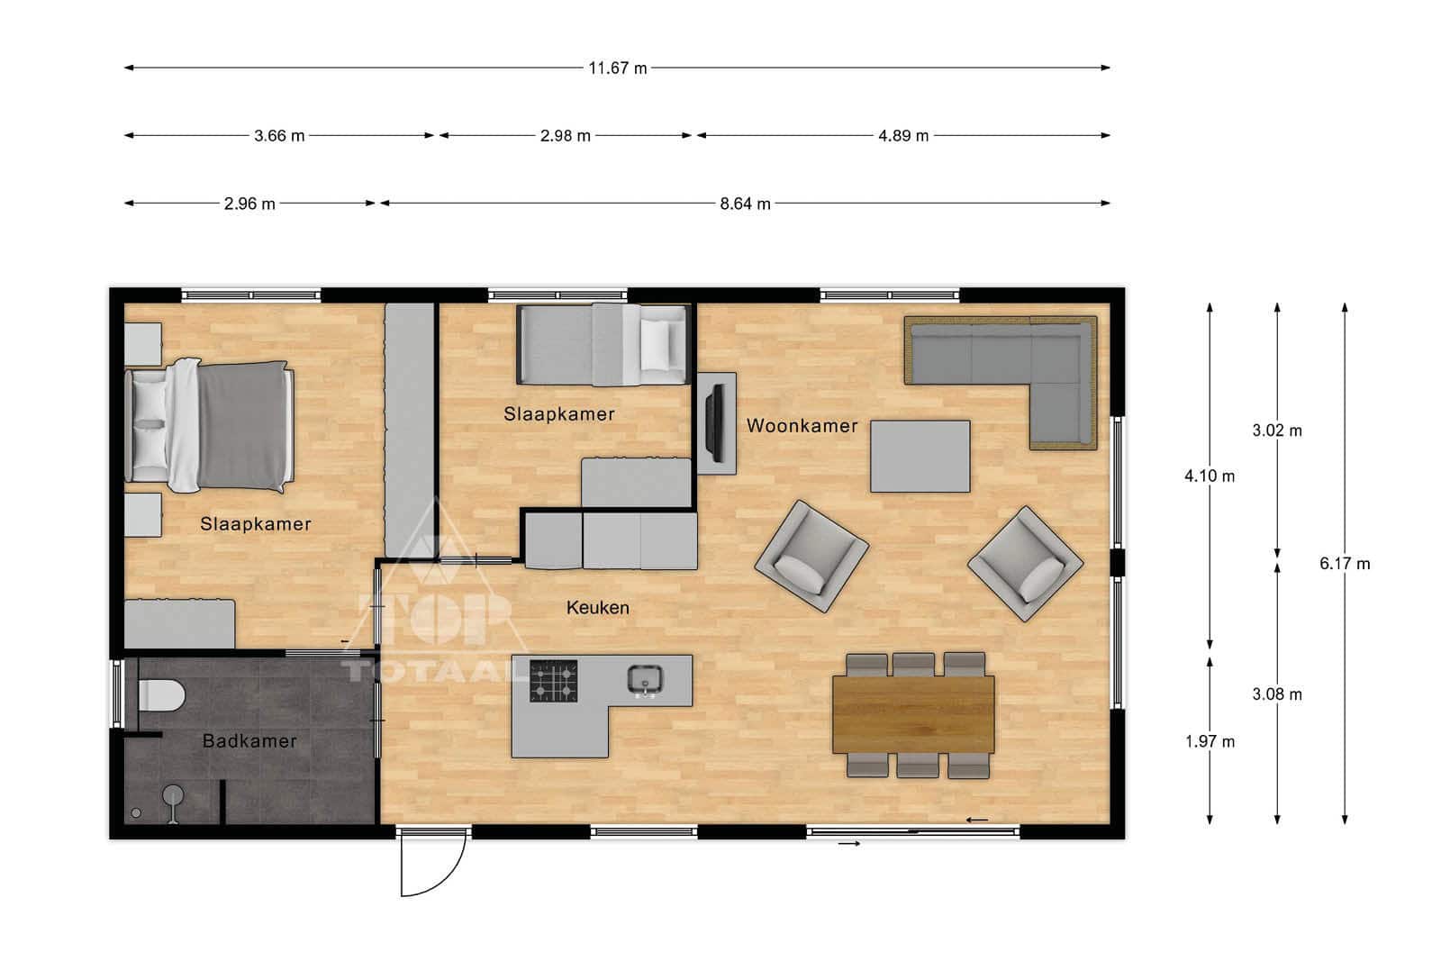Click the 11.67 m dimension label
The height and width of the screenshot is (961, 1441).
tap(618, 68)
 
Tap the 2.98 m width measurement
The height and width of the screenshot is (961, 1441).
tap(565, 136)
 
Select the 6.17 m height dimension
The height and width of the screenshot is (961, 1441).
tap(1345, 564)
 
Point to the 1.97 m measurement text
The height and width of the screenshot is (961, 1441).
tap(1210, 741)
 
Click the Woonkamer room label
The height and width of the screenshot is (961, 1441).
tap(802, 426)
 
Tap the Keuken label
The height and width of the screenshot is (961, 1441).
tap(598, 608)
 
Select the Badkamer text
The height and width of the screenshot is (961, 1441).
tap(249, 741)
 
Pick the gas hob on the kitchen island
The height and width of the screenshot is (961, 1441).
tap(553, 681)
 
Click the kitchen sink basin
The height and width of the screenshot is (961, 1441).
tap(645, 681)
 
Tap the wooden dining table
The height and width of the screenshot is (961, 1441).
tap(913, 714)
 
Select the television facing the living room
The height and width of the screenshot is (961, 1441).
tap(714, 422)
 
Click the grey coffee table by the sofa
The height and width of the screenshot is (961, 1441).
tap(920, 457)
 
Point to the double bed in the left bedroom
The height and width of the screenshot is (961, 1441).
tap(209, 426)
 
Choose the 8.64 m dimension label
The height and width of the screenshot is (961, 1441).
tap(745, 204)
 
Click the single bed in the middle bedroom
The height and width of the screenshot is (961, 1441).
tap(603, 345)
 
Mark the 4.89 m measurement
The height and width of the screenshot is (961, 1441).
tap(903, 136)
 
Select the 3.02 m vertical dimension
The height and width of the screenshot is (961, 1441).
tap(1277, 431)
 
